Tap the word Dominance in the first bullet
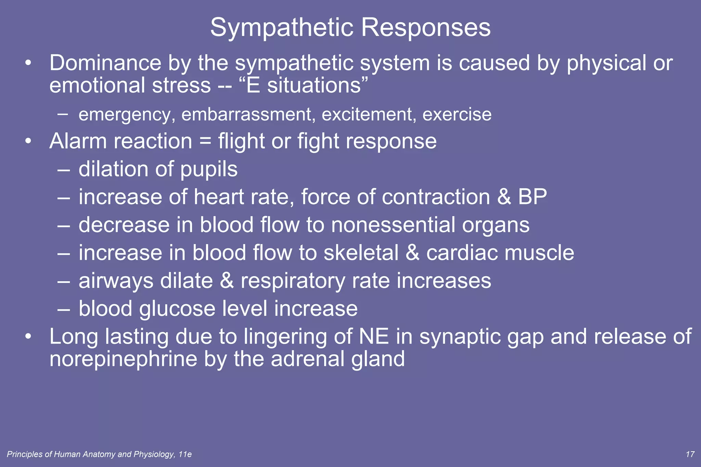point(105,63)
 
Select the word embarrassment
point(246,114)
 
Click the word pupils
point(209,170)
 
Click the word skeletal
point(361,253)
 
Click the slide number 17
point(690,454)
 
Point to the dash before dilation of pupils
point(64,170)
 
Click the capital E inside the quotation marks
point(253,86)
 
